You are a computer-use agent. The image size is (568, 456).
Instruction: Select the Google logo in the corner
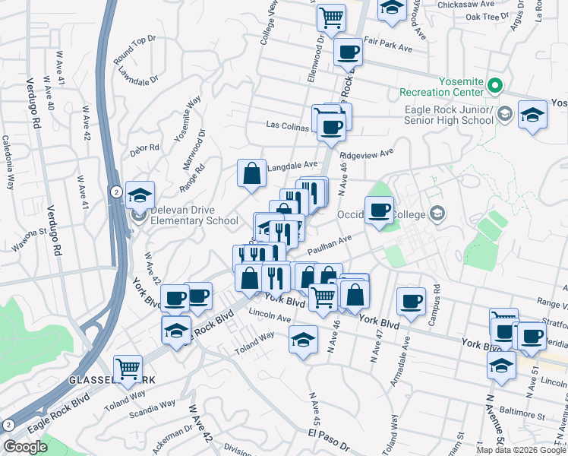pyautogui.click(x=25, y=446)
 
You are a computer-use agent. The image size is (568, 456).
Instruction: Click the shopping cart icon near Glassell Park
pyautogui.click(x=128, y=369)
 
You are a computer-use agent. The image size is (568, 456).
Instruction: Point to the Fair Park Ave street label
pyautogui.click(x=387, y=48)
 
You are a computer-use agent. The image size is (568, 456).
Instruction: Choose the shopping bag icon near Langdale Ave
pyautogui.click(x=251, y=173)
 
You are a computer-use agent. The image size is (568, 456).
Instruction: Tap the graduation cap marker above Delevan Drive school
pyautogui.click(x=140, y=196)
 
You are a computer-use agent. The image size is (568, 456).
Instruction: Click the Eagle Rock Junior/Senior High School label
pyautogui.click(x=450, y=115)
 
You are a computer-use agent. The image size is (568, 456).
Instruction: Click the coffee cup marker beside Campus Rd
pyautogui.click(x=411, y=300)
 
